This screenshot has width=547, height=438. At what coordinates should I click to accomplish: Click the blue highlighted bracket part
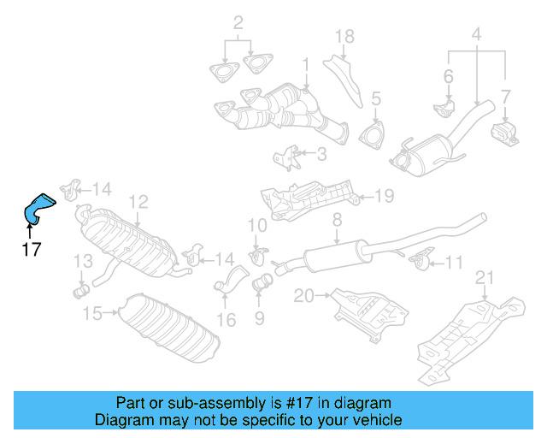click(37, 209)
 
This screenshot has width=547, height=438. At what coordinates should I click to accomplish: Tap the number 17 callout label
click(31, 250)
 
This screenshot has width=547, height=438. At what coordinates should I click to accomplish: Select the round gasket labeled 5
click(372, 135)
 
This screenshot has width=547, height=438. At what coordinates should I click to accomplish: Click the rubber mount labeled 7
click(503, 134)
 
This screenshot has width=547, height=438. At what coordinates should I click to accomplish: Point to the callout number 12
click(138, 202)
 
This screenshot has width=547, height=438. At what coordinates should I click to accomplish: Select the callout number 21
click(485, 276)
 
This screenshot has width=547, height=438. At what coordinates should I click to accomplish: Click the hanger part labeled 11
click(419, 259)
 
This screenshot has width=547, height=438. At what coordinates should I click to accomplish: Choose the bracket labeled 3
click(287, 157)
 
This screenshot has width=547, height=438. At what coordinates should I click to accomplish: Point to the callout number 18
click(344, 36)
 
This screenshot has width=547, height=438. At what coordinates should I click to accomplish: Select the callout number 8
click(337, 221)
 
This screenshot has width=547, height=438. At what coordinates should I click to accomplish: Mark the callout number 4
click(476, 35)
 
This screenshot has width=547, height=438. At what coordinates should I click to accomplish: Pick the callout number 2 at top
click(238, 22)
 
